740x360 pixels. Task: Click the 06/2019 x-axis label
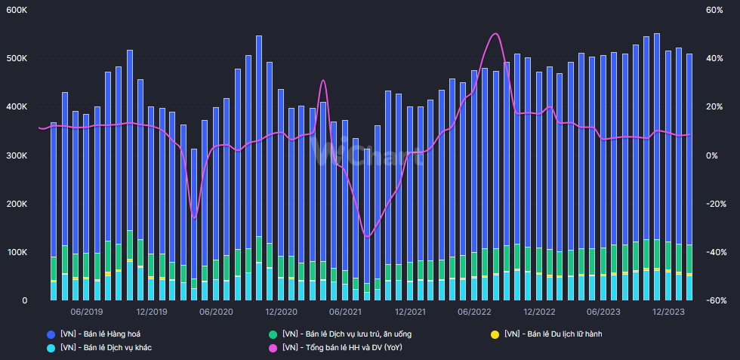[x=87, y=311]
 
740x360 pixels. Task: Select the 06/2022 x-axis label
[x=475, y=311]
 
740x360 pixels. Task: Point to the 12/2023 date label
[x=668, y=311]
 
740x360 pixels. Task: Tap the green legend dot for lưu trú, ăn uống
[x=273, y=334]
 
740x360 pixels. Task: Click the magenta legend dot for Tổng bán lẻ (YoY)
[x=273, y=347]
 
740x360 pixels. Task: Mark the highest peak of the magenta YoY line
[x=495, y=33]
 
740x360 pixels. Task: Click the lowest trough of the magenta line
[x=368, y=236]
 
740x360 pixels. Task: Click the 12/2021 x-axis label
[x=409, y=311]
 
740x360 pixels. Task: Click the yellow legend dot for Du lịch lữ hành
[x=495, y=334]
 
